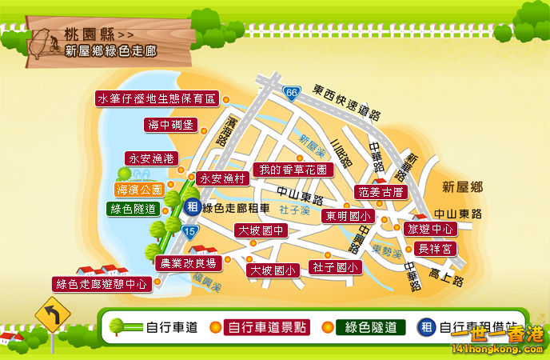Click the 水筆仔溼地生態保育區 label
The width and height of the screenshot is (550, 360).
pos(157,99)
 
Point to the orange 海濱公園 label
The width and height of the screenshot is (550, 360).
pos(140,190)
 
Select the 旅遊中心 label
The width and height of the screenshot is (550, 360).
pos(431,229)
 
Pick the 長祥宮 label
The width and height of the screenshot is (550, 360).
pos(436,249)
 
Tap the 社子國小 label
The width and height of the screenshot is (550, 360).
pos(334,266)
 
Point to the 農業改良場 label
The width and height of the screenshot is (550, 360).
pos(189,263)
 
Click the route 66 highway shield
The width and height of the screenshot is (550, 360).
pos(292,94)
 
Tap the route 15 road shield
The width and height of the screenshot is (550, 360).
pos(189,232)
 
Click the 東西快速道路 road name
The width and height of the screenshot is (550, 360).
pos(345,90)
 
